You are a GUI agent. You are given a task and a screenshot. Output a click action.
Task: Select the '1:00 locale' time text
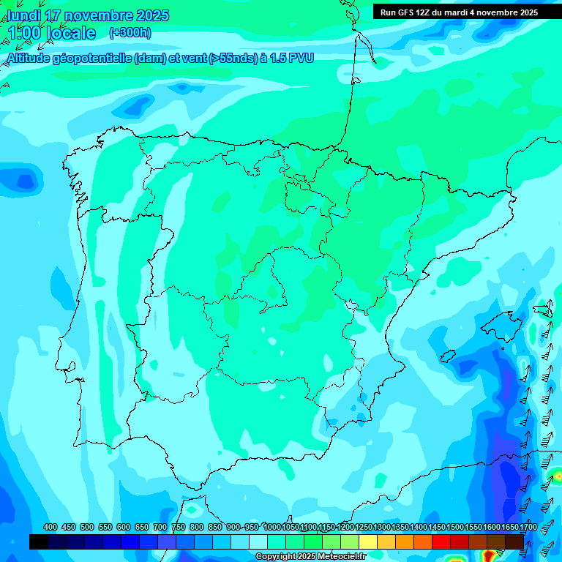[x=51, y=33]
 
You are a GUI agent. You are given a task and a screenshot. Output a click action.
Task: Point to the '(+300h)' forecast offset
[x=131, y=33]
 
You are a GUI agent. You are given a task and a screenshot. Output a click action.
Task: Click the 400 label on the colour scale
[x=50, y=528]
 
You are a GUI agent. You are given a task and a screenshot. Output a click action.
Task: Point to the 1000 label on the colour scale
[x=272, y=528]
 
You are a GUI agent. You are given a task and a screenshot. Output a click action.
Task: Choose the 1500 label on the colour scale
[x=454, y=528]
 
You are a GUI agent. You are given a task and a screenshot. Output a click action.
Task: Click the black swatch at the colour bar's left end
[x=39, y=542]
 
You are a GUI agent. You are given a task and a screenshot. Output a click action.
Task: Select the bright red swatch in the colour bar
[x=441, y=542]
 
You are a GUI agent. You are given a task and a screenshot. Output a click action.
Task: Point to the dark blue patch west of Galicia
[x=25, y=180]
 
